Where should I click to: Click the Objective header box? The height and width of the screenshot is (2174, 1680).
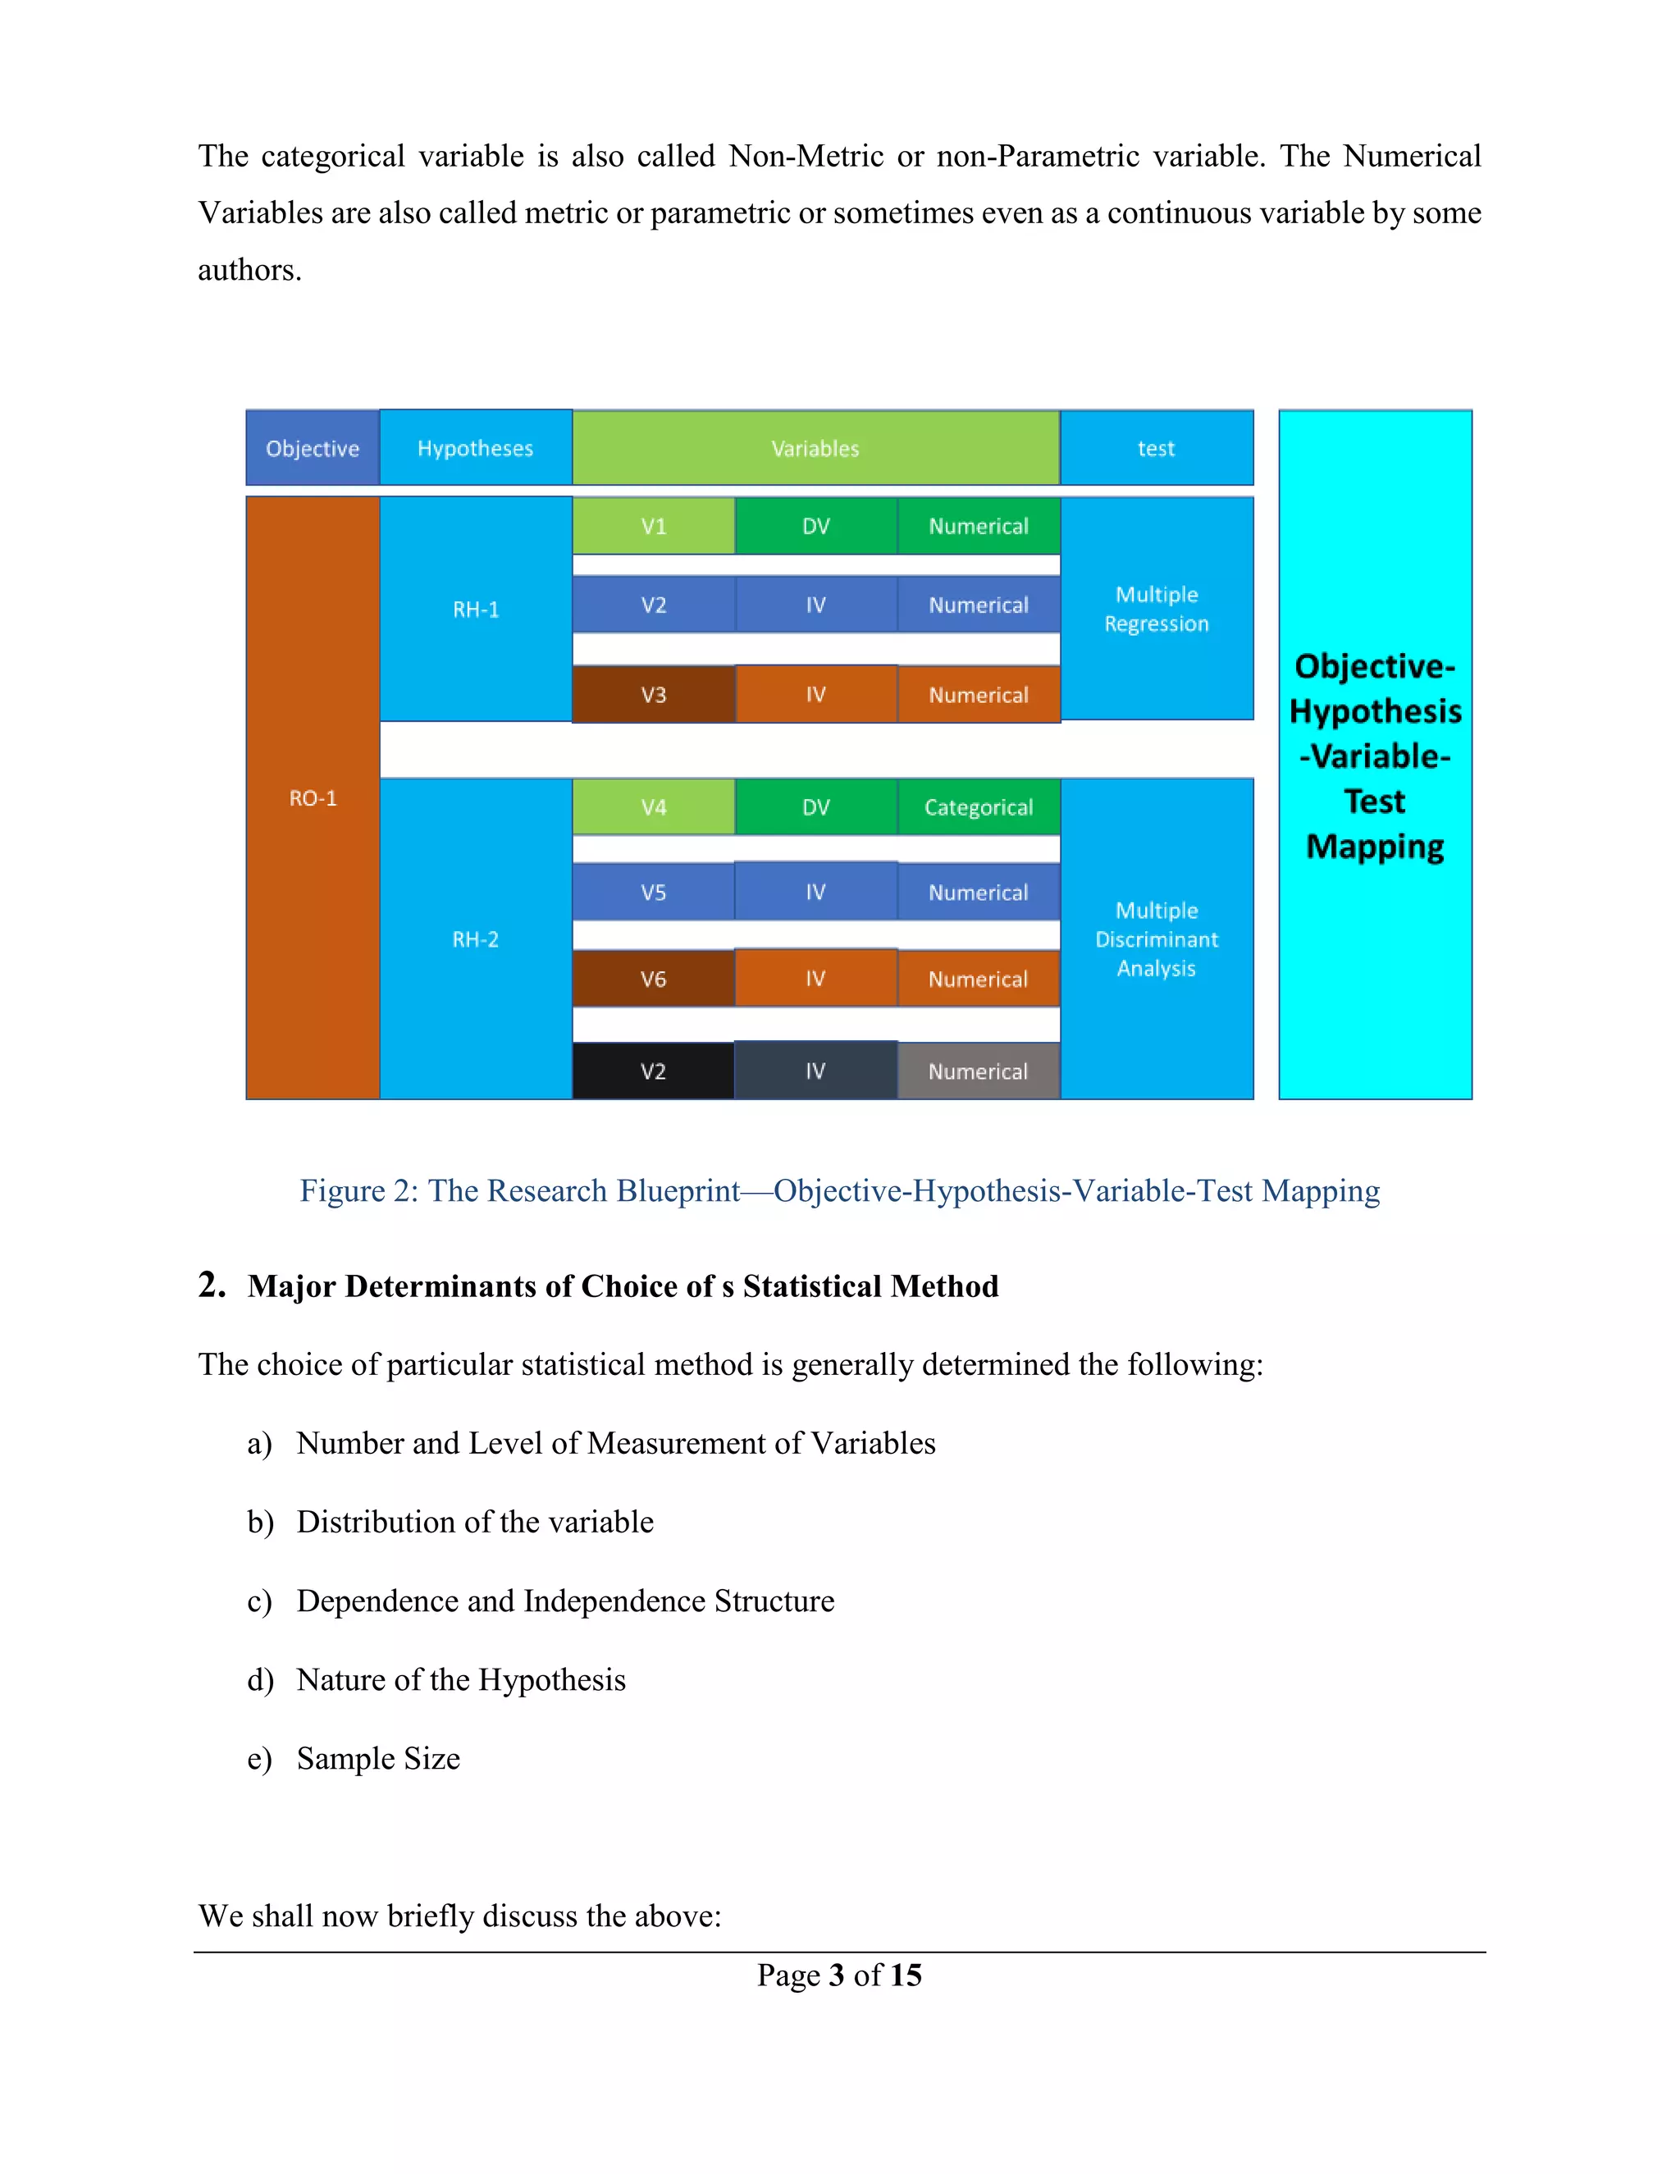coord(313,449)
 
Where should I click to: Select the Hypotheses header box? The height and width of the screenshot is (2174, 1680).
coord(475,449)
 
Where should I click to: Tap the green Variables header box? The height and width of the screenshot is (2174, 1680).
coord(815,449)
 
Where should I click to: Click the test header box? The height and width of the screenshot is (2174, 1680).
coord(1156,449)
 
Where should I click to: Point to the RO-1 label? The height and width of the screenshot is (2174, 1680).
coord(313,798)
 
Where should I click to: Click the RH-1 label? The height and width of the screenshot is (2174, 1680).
coord(476,610)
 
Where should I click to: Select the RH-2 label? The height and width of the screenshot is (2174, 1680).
coord(475,939)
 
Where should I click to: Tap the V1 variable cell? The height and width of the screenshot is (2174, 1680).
coord(653,527)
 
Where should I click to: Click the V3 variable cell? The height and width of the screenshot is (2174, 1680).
coord(653,695)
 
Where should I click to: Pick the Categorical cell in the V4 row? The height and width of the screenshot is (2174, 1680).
coord(979,807)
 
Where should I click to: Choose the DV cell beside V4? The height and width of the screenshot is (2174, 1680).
coord(815,807)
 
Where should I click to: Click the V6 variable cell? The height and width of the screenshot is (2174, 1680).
coord(653,980)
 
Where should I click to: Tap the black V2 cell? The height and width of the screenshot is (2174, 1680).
coord(653,1072)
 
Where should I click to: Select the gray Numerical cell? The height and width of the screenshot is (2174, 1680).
coord(979,1072)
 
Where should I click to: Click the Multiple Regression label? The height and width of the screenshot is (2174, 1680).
coord(1157,610)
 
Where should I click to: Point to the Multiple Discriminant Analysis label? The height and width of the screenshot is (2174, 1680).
coord(1157,939)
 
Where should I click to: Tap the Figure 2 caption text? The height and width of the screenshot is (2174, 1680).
coord(839,1191)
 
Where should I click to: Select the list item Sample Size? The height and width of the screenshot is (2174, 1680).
coord(378,1759)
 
